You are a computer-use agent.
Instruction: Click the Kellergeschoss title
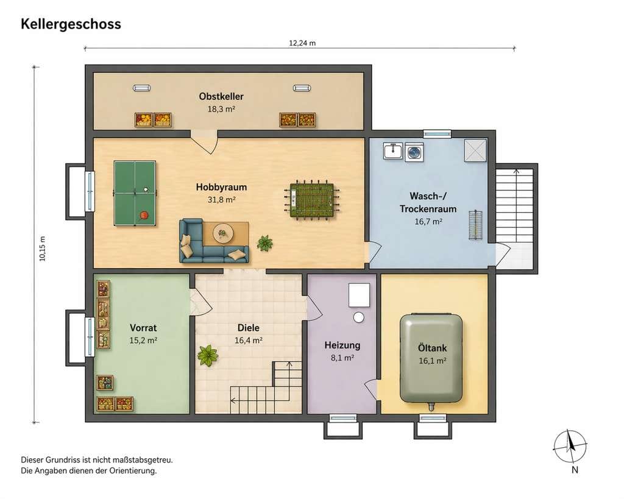(x=71, y=24)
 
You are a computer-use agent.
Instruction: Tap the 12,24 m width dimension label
(x=302, y=43)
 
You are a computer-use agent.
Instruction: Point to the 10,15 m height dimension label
(x=43, y=249)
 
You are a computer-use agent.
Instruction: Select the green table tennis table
(x=135, y=193)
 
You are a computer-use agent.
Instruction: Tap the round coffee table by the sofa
(x=223, y=232)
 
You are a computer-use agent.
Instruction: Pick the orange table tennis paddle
(x=144, y=215)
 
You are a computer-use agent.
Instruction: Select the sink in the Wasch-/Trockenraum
(x=393, y=151)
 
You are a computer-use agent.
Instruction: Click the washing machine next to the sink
(x=414, y=152)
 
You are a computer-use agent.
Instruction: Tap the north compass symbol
(x=570, y=447)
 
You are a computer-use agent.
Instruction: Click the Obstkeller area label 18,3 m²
(x=221, y=109)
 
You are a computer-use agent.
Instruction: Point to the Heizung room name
(x=342, y=345)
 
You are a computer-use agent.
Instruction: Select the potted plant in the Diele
(x=207, y=355)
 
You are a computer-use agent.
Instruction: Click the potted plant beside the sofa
(x=264, y=242)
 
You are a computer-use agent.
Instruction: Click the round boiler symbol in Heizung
(x=359, y=317)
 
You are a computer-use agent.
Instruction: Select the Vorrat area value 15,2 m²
(x=143, y=341)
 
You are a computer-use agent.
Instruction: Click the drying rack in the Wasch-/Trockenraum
(x=475, y=225)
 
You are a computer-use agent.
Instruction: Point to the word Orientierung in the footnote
(x=132, y=471)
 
